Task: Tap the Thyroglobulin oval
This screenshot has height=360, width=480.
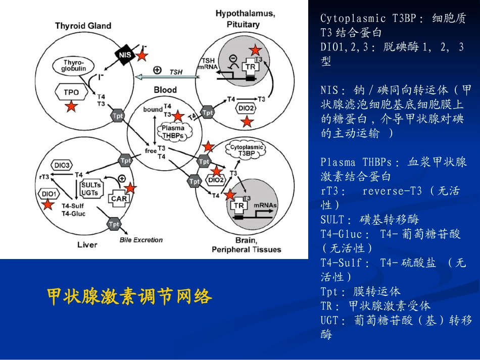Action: point(74,65)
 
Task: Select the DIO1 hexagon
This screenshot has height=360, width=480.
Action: point(49,193)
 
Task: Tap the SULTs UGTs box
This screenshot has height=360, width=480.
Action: point(91,188)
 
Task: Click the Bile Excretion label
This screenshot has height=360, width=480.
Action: point(141,240)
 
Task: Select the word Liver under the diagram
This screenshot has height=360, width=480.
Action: point(87,245)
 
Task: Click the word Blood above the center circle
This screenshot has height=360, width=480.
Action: point(165,90)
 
